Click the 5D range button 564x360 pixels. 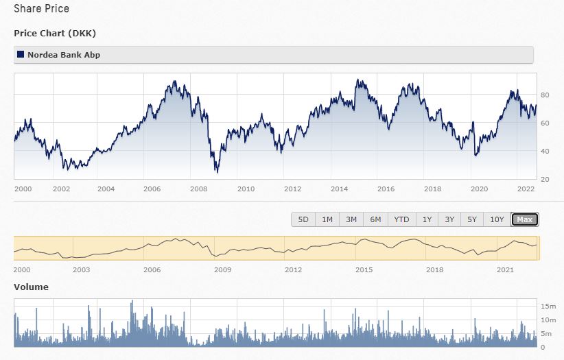[303, 219]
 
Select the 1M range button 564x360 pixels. [327, 219]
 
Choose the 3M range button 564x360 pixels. [351, 219]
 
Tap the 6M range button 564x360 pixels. [375, 219]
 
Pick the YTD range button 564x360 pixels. [401, 219]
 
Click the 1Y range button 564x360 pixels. [427, 219]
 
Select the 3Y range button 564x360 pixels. [449, 219]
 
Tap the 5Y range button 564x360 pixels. [472, 219]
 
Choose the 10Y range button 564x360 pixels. [497, 219]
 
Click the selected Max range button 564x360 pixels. [525, 219]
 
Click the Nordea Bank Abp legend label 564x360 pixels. [64, 55]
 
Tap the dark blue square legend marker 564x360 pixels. [21, 55]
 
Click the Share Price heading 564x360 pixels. [41, 10]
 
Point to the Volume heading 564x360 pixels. [31, 287]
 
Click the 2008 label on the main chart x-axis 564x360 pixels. [199, 189]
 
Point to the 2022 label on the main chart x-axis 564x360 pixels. [526, 189]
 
